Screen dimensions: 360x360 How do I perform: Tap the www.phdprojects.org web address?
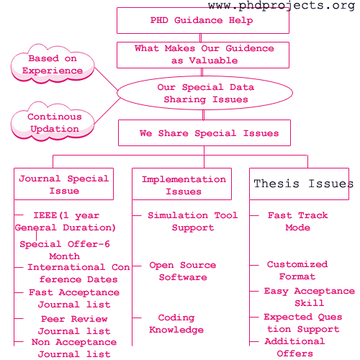pyautogui.click(x=282, y=6)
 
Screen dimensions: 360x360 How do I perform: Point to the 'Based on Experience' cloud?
pyautogui.click(x=53, y=64)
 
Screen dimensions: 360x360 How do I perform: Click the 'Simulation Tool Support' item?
pyautogui.click(x=193, y=221)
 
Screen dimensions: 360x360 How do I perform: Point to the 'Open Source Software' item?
pyautogui.click(x=183, y=271)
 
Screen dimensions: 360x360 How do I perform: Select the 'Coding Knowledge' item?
pyautogui.click(x=176, y=323)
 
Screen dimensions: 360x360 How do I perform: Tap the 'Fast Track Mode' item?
pyautogui.click(x=298, y=221)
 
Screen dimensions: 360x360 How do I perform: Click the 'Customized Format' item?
pyautogui.click(x=297, y=270)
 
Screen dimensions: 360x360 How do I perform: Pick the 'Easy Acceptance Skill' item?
pyautogui.click(x=310, y=297)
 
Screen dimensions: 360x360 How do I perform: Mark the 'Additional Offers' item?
pyautogui.click(x=295, y=347)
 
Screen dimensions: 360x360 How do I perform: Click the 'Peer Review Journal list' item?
pyautogui.click(x=74, y=325)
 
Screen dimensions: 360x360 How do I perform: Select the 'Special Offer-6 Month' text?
pyautogui.click(x=65, y=250)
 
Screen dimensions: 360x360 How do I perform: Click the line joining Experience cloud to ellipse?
pyautogui.click(x=106, y=78)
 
